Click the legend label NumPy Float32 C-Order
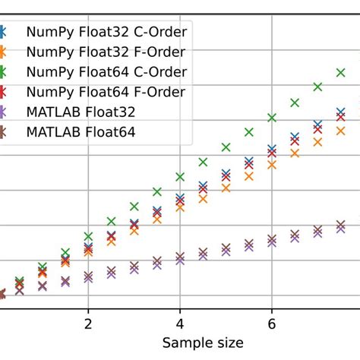106,33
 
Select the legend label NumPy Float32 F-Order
106,52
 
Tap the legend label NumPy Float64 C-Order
106,72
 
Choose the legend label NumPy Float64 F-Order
106,92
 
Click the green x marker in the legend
3,72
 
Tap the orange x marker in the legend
3,52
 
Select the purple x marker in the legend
3,112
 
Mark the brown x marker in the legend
3,132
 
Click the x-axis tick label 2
88,324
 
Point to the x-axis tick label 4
180,324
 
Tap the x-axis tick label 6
272,324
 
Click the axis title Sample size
204,343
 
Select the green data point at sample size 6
272,117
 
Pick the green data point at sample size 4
180,176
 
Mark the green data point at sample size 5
226,147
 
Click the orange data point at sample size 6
272,164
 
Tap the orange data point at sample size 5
226,187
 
